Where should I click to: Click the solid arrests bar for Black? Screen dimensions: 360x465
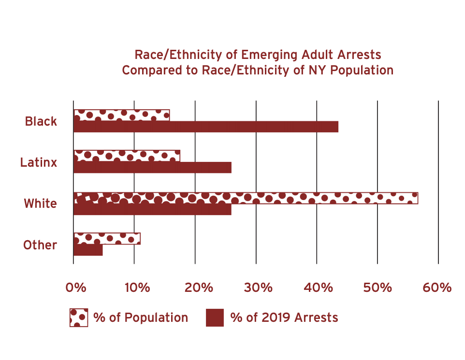pos(205,127)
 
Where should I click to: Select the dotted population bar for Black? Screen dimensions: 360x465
pos(121,115)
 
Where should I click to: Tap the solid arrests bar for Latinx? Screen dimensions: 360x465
pos(152,168)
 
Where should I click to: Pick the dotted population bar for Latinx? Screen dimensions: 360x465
pos(127,156)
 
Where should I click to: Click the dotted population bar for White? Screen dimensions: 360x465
pos(246,198)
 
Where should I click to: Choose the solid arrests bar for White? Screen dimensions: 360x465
pos(152,209)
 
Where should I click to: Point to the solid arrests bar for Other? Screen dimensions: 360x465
pos(88,250)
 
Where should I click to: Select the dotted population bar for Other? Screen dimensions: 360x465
pos(107,238)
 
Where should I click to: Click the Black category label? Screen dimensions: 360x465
pos(41,121)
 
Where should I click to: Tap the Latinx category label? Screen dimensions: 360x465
pos(39,162)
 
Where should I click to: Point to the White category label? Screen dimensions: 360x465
pos(40,203)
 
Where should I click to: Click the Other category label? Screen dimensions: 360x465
pos(40,245)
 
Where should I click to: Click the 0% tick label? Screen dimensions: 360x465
pos(75,288)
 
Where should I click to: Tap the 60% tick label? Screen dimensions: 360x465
pos(437,288)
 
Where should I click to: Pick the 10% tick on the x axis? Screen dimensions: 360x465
pos(137,288)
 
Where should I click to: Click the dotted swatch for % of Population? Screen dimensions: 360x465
pos(79,317)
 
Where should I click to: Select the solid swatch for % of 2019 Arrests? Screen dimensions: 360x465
pos(215,317)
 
